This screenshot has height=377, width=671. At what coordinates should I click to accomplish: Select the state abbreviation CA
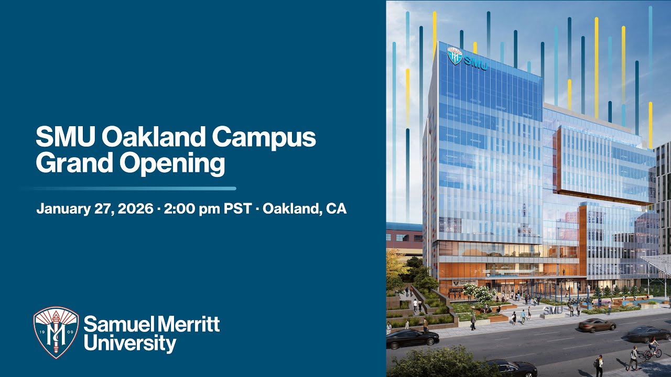point(335,208)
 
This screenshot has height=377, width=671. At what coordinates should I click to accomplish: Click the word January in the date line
point(59,208)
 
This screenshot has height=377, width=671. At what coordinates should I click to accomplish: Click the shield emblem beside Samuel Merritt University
point(56,332)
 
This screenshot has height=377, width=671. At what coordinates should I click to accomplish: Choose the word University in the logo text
point(130,343)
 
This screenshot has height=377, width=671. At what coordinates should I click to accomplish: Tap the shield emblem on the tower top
point(454,55)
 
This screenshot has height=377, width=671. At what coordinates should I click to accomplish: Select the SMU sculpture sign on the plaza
point(553,310)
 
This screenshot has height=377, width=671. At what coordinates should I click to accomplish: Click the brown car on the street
point(597,325)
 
